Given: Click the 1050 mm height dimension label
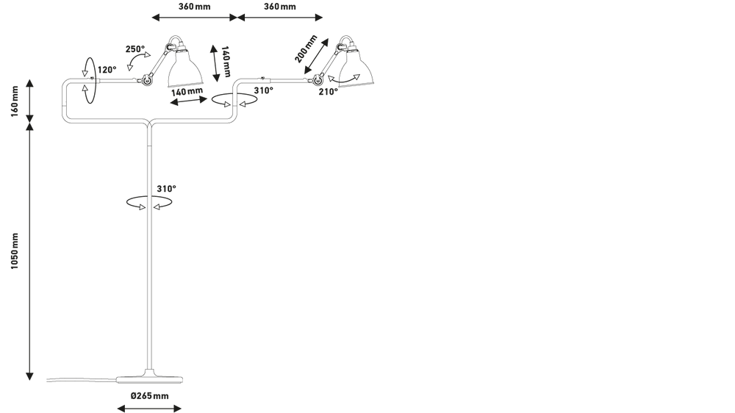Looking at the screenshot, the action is pyautogui.click(x=15, y=251).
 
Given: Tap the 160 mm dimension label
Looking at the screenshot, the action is pyautogui.click(x=15, y=101).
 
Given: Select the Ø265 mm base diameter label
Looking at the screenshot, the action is pyautogui.click(x=149, y=396).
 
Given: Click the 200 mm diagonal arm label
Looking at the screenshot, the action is pyautogui.click(x=306, y=49).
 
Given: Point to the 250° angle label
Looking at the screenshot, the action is pyautogui.click(x=135, y=49).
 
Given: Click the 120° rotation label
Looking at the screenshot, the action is pyautogui.click(x=107, y=70).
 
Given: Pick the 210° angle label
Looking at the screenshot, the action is pyautogui.click(x=328, y=92).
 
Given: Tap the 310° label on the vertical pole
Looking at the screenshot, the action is pyautogui.click(x=166, y=189).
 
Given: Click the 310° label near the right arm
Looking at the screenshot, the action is pyautogui.click(x=263, y=90).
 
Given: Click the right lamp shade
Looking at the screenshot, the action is pyautogui.click(x=356, y=68).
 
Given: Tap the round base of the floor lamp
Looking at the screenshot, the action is pyautogui.click(x=149, y=378).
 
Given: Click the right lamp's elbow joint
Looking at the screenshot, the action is pyautogui.click(x=318, y=82).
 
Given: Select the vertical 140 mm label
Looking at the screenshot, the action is pyautogui.click(x=226, y=62).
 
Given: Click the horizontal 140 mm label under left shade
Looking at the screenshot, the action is pyautogui.click(x=187, y=91).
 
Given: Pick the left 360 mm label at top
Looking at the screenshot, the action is pyautogui.click(x=195, y=7).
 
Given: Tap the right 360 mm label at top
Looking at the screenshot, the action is pyautogui.click(x=280, y=7).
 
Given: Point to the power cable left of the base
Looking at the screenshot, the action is pyautogui.click(x=82, y=379).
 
